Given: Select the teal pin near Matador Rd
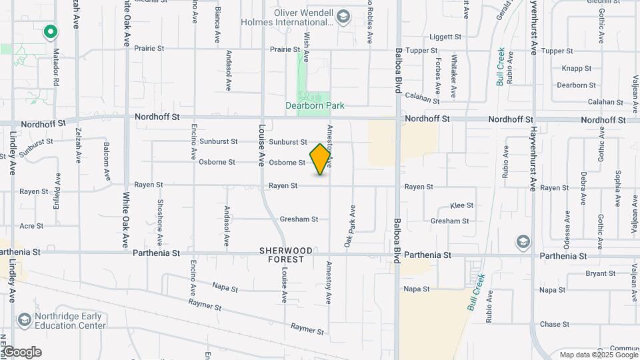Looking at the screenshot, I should [49, 31].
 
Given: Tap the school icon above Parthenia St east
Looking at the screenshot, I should [523, 241].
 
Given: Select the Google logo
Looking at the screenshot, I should [21, 351].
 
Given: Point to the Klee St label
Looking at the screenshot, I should [461, 205].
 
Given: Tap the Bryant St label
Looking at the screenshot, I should [581, 273].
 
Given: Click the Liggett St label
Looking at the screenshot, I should [445, 37].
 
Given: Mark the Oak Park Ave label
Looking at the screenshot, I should [349, 227].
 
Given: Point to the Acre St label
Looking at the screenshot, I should [31, 226].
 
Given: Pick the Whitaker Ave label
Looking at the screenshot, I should [454, 73].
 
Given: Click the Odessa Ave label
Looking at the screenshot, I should [567, 227].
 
